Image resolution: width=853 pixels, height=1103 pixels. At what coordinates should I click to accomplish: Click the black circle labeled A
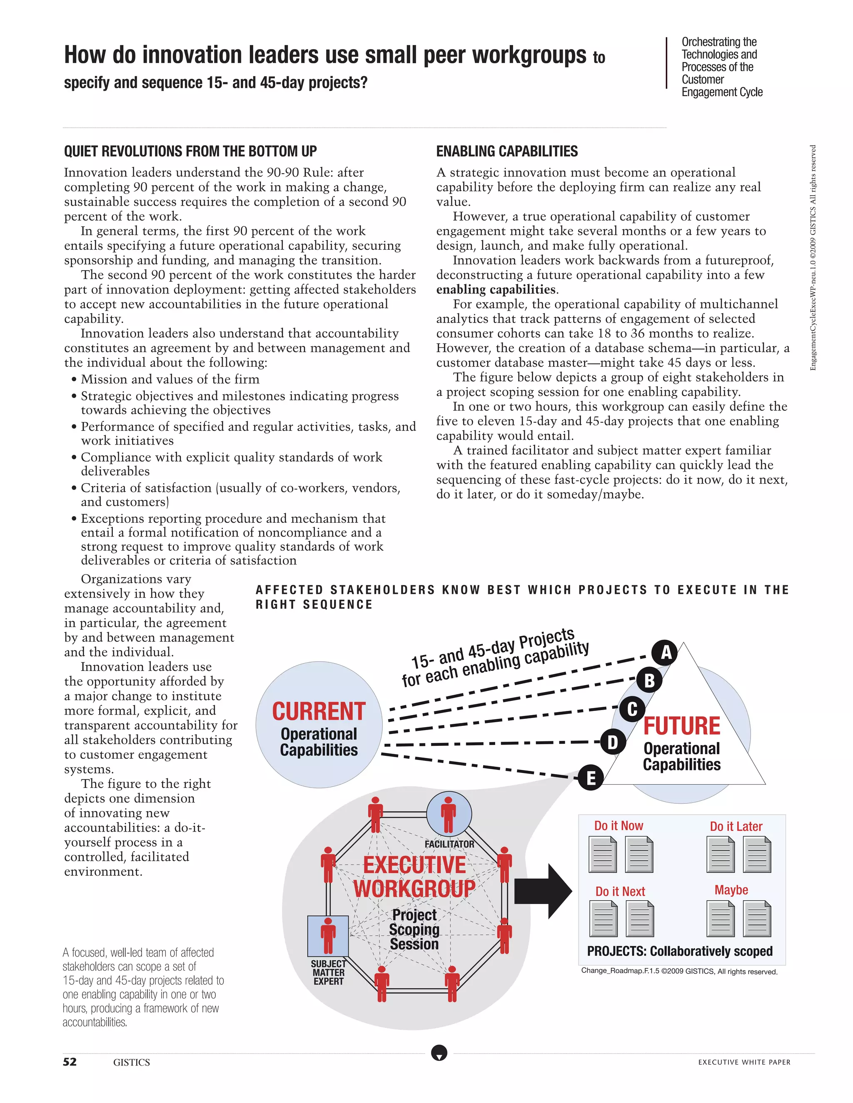coord(666,653)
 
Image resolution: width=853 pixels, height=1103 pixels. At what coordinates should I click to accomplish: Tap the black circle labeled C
coord(632,709)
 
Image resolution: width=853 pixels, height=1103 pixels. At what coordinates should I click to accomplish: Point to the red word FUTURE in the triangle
coord(681,726)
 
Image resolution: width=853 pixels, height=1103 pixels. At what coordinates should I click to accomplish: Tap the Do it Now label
coord(619,826)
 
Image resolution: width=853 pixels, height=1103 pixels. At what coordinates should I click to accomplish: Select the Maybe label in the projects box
coord(731,890)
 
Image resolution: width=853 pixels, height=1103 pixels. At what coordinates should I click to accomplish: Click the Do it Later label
coord(736,826)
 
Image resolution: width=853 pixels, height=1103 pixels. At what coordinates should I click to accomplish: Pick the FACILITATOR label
coord(449,844)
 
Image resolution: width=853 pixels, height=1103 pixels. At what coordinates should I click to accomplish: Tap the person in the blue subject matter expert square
coord(328,935)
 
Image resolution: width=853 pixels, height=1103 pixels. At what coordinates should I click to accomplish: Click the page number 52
coord(70,1062)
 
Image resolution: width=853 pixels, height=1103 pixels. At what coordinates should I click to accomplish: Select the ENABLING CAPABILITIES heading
coord(507,151)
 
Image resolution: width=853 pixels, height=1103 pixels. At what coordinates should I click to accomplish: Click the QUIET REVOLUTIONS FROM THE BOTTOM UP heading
coord(190,151)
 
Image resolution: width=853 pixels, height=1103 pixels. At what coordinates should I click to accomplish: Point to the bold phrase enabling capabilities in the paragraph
coord(496,289)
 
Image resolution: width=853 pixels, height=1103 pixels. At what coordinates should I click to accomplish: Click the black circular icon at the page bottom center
coord(439,1053)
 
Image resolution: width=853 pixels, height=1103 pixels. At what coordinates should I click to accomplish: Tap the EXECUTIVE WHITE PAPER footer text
coord(744,1062)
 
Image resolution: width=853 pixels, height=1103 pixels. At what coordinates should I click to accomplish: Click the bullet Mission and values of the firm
coord(170,379)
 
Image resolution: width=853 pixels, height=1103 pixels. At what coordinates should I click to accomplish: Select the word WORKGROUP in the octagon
coord(414,889)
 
